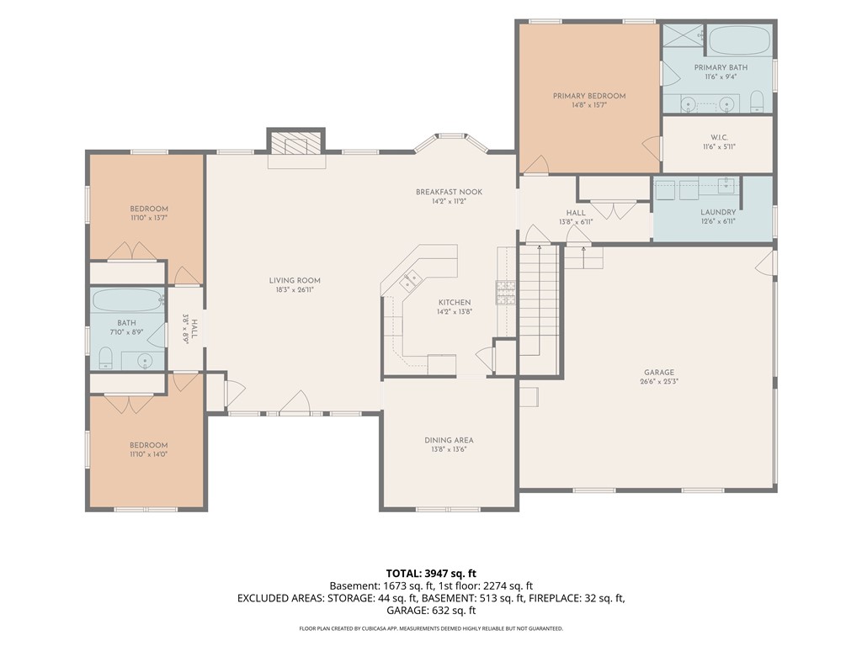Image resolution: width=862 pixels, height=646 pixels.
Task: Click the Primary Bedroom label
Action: (589, 96)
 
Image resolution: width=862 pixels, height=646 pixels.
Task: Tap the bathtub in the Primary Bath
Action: (739, 40)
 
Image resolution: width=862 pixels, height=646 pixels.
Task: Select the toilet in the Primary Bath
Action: (757, 101)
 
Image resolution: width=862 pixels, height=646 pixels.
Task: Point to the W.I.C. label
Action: (719, 137)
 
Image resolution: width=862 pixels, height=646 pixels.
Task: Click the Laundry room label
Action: (718, 212)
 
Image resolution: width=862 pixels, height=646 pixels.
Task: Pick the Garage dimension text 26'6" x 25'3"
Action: (659, 381)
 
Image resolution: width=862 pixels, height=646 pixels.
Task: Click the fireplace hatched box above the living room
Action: (295, 145)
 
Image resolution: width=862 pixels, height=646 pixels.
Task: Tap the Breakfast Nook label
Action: (450, 192)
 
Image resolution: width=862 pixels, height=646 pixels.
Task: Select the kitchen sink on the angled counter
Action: (410, 280)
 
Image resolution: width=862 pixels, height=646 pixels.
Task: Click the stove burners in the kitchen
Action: (506, 292)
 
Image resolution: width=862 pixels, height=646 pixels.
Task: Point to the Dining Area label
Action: (449, 440)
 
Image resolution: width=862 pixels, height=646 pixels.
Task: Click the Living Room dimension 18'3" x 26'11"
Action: (295, 289)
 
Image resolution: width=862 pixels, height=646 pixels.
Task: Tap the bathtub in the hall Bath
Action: (128, 300)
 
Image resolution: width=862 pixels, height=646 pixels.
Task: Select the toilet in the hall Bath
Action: (105, 358)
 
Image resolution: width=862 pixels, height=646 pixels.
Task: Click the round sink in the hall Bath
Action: (145, 361)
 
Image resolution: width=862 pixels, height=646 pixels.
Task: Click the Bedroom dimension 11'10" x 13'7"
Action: (149, 218)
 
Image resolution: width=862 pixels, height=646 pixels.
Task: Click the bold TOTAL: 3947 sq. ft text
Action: (431, 574)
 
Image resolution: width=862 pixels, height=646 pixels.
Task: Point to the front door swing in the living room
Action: (295, 401)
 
